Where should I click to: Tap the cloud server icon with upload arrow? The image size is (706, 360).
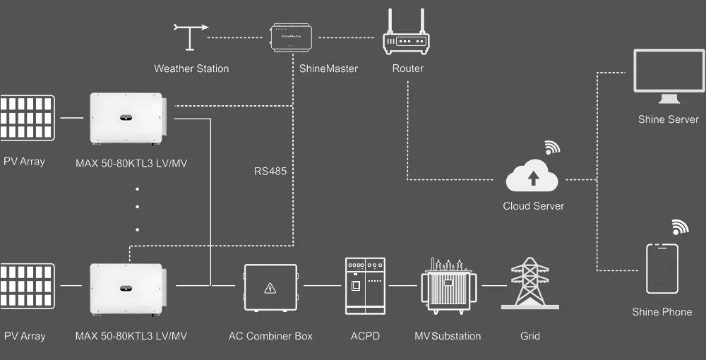[x=532, y=177]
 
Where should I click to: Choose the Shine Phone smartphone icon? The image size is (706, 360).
[x=662, y=269]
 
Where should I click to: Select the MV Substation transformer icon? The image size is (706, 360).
[x=448, y=286]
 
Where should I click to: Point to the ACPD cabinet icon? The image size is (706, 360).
[x=365, y=286]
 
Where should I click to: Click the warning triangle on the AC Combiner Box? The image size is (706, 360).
[x=270, y=288]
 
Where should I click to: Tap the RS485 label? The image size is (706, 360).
[x=270, y=171]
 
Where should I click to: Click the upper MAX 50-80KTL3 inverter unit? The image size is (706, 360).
[x=127, y=119]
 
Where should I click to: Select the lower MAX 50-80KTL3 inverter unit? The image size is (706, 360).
[x=127, y=288]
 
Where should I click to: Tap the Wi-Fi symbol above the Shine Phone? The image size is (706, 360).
[x=680, y=227]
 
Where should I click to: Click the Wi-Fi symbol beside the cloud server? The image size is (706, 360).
[x=551, y=148]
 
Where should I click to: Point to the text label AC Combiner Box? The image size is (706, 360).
[x=270, y=336]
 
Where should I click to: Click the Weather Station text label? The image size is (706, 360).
[x=191, y=68]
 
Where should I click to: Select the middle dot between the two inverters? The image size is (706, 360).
[x=137, y=208]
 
